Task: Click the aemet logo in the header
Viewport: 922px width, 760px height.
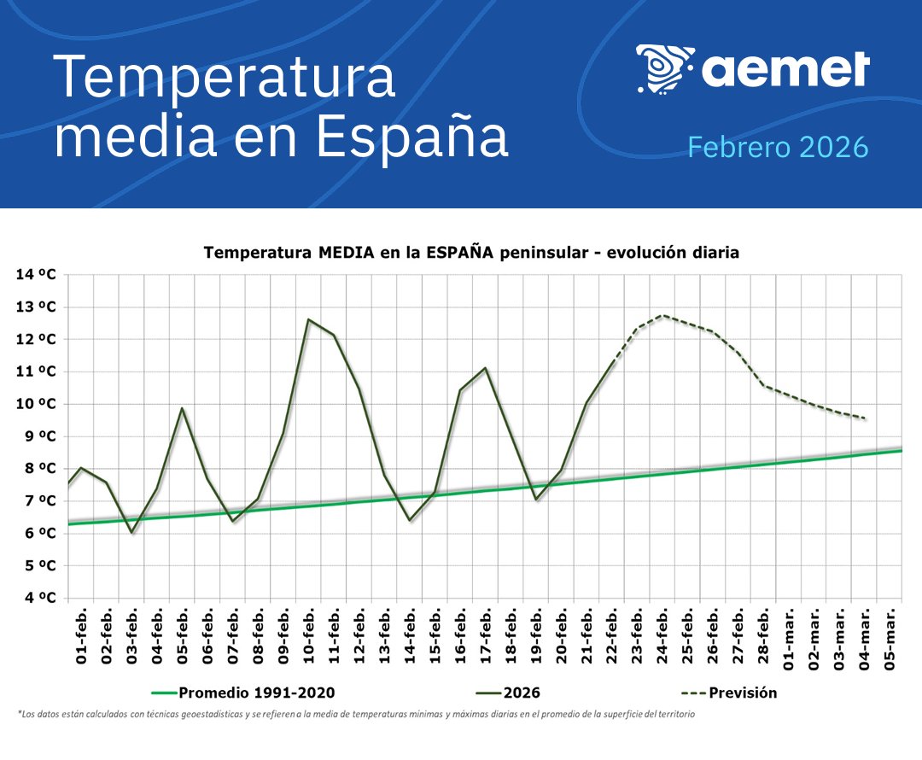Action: tap(752, 68)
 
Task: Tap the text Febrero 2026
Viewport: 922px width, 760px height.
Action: tap(778, 147)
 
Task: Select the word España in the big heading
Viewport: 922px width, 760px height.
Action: tap(411, 137)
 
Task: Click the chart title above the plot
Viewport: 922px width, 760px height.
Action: tap(470, 253)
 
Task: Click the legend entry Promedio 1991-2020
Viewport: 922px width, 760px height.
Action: tap(247, 693)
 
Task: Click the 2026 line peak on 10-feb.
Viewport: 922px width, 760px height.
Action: tap(308, 319)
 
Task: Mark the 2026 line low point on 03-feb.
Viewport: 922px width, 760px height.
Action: tap(131, 533)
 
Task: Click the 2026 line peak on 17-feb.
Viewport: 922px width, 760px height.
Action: tap(486, 368)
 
